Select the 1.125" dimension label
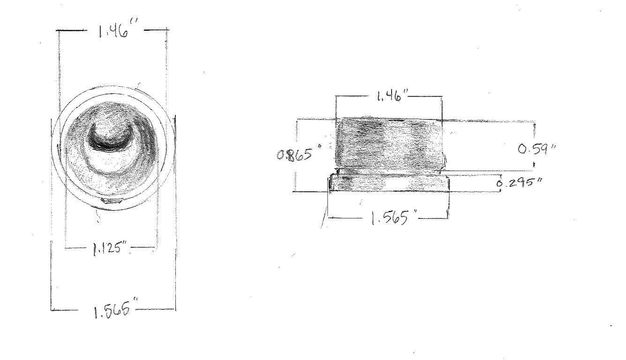(110, 248)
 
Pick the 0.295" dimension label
(519, 183)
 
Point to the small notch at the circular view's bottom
(112, 201)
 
